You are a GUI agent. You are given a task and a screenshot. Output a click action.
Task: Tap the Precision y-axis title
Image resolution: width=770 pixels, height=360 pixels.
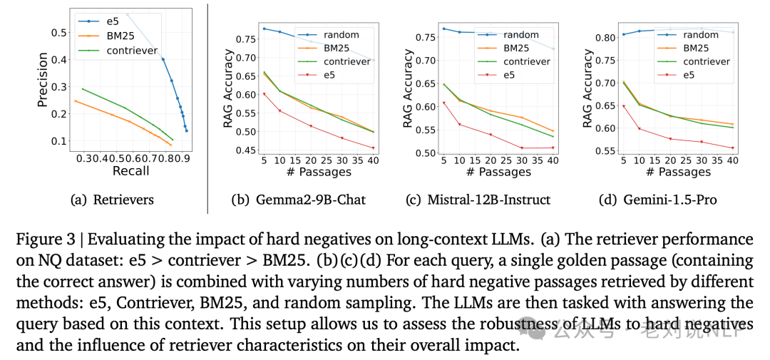[43, 80]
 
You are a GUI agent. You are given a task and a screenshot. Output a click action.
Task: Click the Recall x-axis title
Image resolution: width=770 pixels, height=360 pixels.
[131, 171]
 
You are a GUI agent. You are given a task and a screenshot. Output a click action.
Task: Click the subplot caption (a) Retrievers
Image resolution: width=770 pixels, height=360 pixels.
[113, 200]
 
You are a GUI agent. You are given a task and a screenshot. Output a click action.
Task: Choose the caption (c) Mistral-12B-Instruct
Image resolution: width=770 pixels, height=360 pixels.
[478, 200]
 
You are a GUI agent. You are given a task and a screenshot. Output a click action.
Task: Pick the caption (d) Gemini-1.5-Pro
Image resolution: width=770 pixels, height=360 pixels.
[658, 200]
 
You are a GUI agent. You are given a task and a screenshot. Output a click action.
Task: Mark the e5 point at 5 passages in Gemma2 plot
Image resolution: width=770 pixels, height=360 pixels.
[264, 94]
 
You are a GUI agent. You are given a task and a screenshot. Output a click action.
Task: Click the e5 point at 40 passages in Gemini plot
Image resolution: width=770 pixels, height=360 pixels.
[732, 148]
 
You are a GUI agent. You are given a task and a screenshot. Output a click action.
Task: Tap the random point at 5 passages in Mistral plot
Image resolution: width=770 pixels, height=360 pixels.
[443, 29]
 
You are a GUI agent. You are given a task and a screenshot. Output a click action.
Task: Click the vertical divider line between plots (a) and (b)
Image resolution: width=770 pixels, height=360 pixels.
[207, 107]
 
